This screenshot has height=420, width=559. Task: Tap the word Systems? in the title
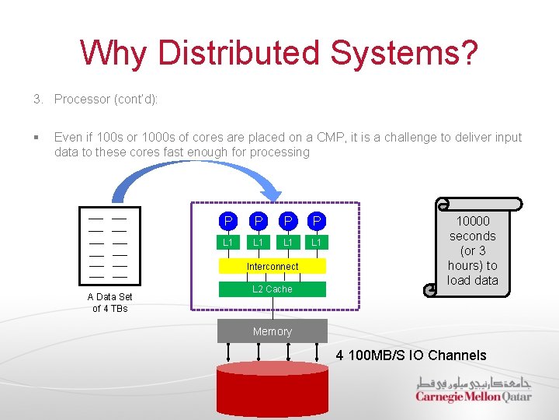click(x=404, y=53)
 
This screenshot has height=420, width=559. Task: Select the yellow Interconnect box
click(x=273, y=266)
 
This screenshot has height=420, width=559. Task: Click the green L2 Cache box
click(x=273, y=289)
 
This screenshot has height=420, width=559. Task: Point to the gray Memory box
click(x=272, y=331)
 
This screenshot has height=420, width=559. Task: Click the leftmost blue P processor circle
click(x=227, y=222)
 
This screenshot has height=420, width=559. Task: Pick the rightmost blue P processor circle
click(x=316, y=222)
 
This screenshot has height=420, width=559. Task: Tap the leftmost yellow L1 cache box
click(x=227, y=243)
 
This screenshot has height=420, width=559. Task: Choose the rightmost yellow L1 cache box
click(x=316, y=243)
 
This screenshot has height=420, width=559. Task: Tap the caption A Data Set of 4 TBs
click(x=109, y=303)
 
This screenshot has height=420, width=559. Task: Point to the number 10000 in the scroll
click(x=472, y=221)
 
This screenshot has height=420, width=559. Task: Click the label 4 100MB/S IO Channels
click(x=411, y=355)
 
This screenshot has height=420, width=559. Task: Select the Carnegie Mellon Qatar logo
click(x=473, y=389)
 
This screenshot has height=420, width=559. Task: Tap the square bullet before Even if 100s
click(x=36, y=138)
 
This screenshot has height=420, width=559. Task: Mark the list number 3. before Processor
click(x=37, y=99)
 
